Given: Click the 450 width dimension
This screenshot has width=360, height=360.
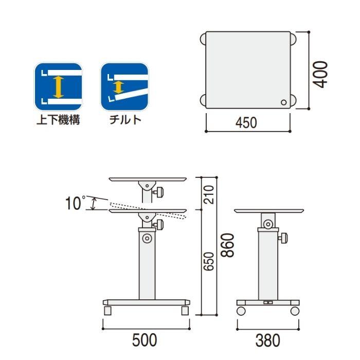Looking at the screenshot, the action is [246, 122].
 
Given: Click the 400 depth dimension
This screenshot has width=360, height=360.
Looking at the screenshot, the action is [320, 75].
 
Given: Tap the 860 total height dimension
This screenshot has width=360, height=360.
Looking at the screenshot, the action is [227, 245].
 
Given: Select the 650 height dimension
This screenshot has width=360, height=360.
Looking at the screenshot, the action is [208, 261].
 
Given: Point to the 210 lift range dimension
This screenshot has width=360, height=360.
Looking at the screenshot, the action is [208, 195].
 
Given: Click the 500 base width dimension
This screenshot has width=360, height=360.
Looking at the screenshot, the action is [145, 340].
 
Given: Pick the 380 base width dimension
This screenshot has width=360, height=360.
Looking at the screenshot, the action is [268, 340].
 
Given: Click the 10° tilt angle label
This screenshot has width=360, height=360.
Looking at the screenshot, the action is [75, 203].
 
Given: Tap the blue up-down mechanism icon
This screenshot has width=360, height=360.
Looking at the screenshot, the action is [58, 86].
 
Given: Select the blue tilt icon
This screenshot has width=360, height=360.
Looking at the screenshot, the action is [124, 86].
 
